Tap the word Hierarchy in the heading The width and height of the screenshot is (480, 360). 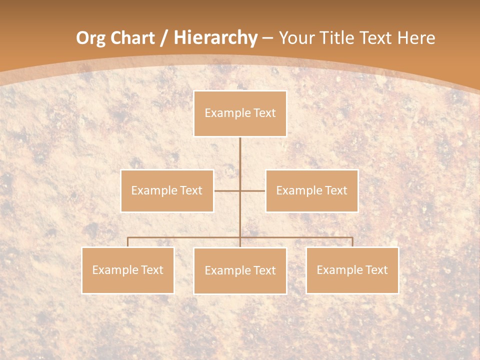215,38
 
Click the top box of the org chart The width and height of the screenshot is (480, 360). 240,113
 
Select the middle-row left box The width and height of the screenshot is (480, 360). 167,190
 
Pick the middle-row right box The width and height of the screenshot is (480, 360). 311,190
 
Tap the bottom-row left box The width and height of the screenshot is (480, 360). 128,270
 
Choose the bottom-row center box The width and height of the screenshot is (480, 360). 240,270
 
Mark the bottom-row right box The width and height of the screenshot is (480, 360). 352,270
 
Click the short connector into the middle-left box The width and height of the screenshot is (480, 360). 226,190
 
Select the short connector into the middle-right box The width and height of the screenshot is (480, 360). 253,190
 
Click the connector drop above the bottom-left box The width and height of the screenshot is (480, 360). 128,242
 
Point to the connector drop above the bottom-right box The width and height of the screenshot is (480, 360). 352,242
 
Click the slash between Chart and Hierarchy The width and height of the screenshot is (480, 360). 163,38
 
